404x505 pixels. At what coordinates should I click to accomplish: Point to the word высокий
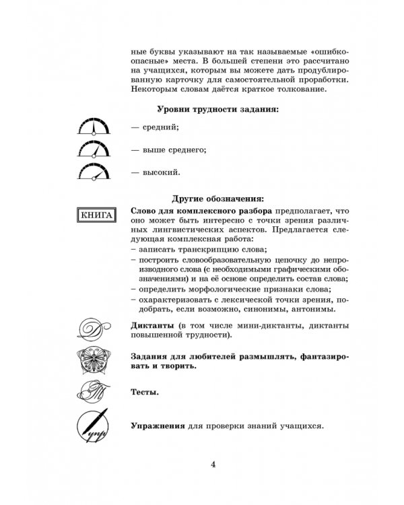[160, 173]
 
